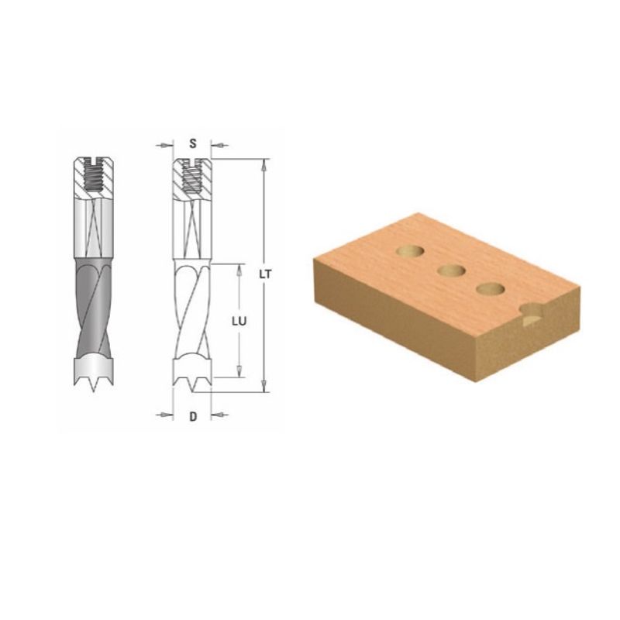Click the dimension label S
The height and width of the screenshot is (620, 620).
[192, 143]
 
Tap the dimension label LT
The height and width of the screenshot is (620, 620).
[265, 274]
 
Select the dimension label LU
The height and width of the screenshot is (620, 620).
[239, 322]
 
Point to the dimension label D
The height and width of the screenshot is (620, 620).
[193, 416]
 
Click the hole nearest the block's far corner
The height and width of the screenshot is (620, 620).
[410, 250]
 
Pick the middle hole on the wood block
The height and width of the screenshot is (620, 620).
[451, 270]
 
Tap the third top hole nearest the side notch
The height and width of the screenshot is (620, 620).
[491, 289]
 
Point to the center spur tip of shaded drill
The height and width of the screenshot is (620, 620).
[94, 391]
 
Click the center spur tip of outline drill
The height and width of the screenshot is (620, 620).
[192, 391]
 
